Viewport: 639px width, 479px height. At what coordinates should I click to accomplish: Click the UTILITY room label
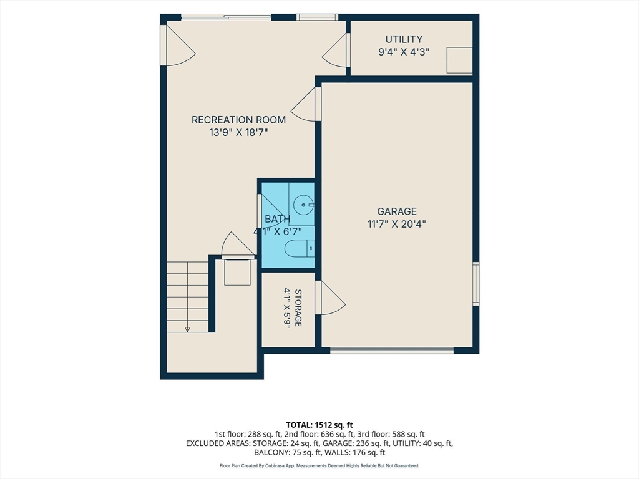404,39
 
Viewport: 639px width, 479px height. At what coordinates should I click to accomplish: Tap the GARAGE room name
396,211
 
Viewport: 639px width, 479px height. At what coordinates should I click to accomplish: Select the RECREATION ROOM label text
238,120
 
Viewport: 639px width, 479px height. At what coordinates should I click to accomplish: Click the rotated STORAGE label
298,308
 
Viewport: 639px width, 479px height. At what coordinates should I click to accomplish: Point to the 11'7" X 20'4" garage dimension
396,224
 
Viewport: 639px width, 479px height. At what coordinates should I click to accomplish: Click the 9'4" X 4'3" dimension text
404,52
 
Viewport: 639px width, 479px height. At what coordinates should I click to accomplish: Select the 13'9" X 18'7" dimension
238,133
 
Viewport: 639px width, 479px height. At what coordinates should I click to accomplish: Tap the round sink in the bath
304,205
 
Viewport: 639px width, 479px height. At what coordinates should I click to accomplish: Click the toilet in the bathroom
299,248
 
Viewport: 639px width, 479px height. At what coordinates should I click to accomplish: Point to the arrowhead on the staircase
187,329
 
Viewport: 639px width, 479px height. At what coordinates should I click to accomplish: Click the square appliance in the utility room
459,60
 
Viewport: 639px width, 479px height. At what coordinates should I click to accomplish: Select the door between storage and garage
330,298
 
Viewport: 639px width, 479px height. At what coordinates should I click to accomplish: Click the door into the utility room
336,50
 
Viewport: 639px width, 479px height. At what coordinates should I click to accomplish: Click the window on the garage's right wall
476,283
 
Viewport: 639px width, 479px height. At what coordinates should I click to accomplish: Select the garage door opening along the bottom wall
392,351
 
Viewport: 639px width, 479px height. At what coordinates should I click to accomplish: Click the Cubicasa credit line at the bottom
319,465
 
